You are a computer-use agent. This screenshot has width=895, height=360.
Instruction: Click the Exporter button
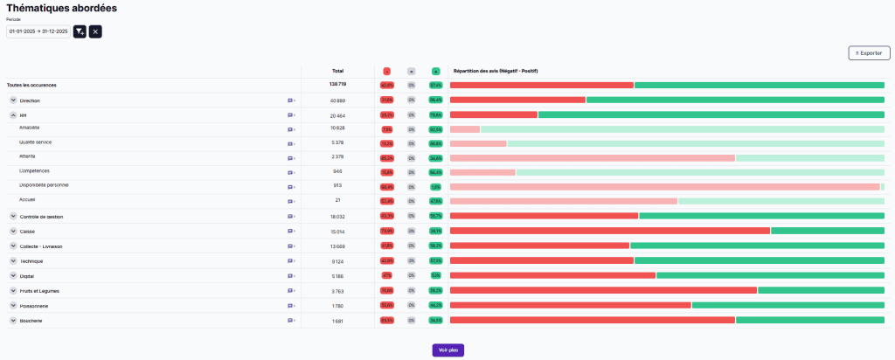click(869, 53)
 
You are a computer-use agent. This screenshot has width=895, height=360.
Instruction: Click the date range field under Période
click(38, 31)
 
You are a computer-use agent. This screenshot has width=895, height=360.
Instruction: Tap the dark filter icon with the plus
click(80, 31)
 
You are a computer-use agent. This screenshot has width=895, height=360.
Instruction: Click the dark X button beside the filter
click(95, 31)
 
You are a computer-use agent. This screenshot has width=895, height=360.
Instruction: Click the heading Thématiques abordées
click(61, 8)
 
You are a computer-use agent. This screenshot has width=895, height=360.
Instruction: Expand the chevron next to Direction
click(13, 100)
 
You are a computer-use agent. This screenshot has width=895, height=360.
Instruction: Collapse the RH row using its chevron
click(13, 115)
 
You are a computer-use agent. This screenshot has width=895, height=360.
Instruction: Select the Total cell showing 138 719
click(337, 85)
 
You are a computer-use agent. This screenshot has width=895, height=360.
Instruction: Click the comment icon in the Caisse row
click(290, 232)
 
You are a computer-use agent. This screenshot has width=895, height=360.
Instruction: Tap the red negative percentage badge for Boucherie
click(386, 321)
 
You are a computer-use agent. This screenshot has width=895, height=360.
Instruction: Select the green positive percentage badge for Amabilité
click(435, 129)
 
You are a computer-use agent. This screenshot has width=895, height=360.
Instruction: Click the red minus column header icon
click(386, 71)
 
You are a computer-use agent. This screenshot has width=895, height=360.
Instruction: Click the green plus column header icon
click(435, 71)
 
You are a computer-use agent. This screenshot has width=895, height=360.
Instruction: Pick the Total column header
click(337, 71)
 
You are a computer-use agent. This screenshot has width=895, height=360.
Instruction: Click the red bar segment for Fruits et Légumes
click(603, 290)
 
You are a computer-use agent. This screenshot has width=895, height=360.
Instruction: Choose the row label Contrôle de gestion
click(42, 217)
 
